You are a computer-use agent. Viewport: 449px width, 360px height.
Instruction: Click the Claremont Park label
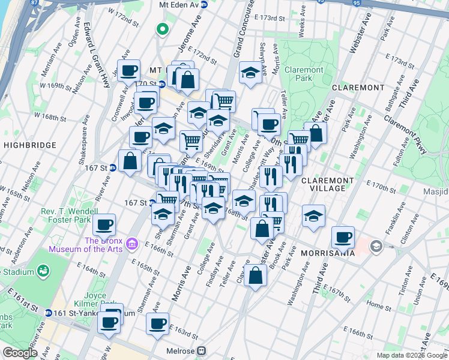pos(304,74)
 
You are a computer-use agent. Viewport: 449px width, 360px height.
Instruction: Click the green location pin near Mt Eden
pos(161,28)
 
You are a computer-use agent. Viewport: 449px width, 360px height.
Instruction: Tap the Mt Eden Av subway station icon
pos(204,4)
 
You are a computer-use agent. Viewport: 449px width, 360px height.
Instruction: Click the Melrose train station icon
pos(202,351)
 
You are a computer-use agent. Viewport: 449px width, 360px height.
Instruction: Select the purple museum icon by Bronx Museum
pos(133,244)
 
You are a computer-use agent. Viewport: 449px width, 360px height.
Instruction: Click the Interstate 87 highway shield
pos(33,3)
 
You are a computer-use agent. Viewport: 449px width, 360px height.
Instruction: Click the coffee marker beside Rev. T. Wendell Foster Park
pos(104,225)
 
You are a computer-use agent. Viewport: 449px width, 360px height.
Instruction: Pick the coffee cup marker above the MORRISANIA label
pos(343,237)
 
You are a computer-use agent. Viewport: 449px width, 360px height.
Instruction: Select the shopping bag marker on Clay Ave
pos(256,276)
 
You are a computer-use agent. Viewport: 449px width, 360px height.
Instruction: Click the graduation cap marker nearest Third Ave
pos(313,217)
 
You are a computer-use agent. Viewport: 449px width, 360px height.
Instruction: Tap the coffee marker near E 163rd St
pos(158,323)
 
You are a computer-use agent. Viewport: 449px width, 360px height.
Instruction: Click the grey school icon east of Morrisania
pos(376,245)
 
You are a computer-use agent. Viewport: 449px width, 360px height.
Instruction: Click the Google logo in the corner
pos(20,353)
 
